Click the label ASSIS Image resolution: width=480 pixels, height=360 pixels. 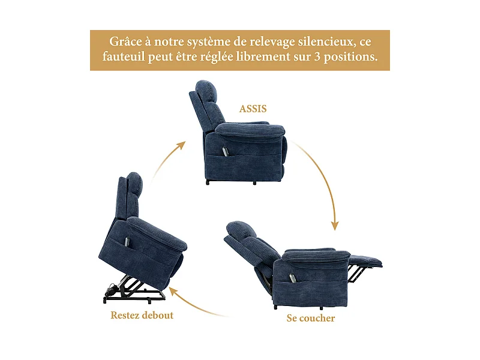[x=253, y=109]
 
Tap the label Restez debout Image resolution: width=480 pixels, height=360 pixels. [x=142, y=315]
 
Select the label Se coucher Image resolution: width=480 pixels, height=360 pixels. [x=310, y=318]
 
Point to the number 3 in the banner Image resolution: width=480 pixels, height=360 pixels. [x=316, y=58]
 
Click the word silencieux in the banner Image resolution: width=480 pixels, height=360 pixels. [x=319, y=42]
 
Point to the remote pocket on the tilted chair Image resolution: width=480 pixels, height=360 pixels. [x=126, y=241]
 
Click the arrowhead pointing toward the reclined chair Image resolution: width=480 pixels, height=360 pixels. [x=335, y=226]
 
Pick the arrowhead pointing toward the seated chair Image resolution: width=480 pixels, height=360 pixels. [x=181, y=145]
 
